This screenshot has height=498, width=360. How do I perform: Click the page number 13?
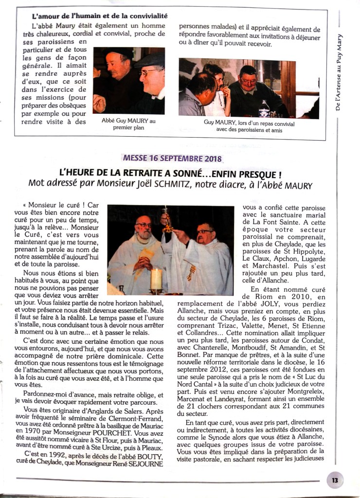(x=335, y=480)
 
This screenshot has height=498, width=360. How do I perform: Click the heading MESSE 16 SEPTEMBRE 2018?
(x=172, y=159)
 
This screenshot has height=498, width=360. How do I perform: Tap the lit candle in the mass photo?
(x=156, y=279)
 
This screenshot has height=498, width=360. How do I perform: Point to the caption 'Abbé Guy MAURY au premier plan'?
(x=125, y=124)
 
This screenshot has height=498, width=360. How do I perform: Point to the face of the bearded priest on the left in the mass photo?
(x=144, y=228)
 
